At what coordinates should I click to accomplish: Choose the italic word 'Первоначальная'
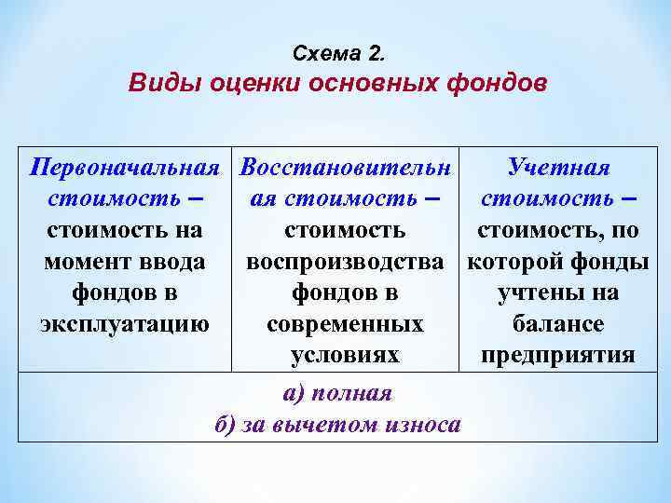point(125,168)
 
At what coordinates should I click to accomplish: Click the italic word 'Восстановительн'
point(345,168)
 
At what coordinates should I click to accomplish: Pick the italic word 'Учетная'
point(558,168)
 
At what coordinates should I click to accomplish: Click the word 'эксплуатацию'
point(125,324)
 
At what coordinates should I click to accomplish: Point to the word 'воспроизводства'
point(345,262)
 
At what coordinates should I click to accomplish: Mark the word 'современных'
point(345,324)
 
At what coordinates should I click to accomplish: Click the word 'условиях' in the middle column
point(345,355)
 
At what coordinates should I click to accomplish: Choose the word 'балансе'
point(558,324)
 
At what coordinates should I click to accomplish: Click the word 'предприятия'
point(558,355)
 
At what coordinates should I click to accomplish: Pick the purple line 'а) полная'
point(337,392)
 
